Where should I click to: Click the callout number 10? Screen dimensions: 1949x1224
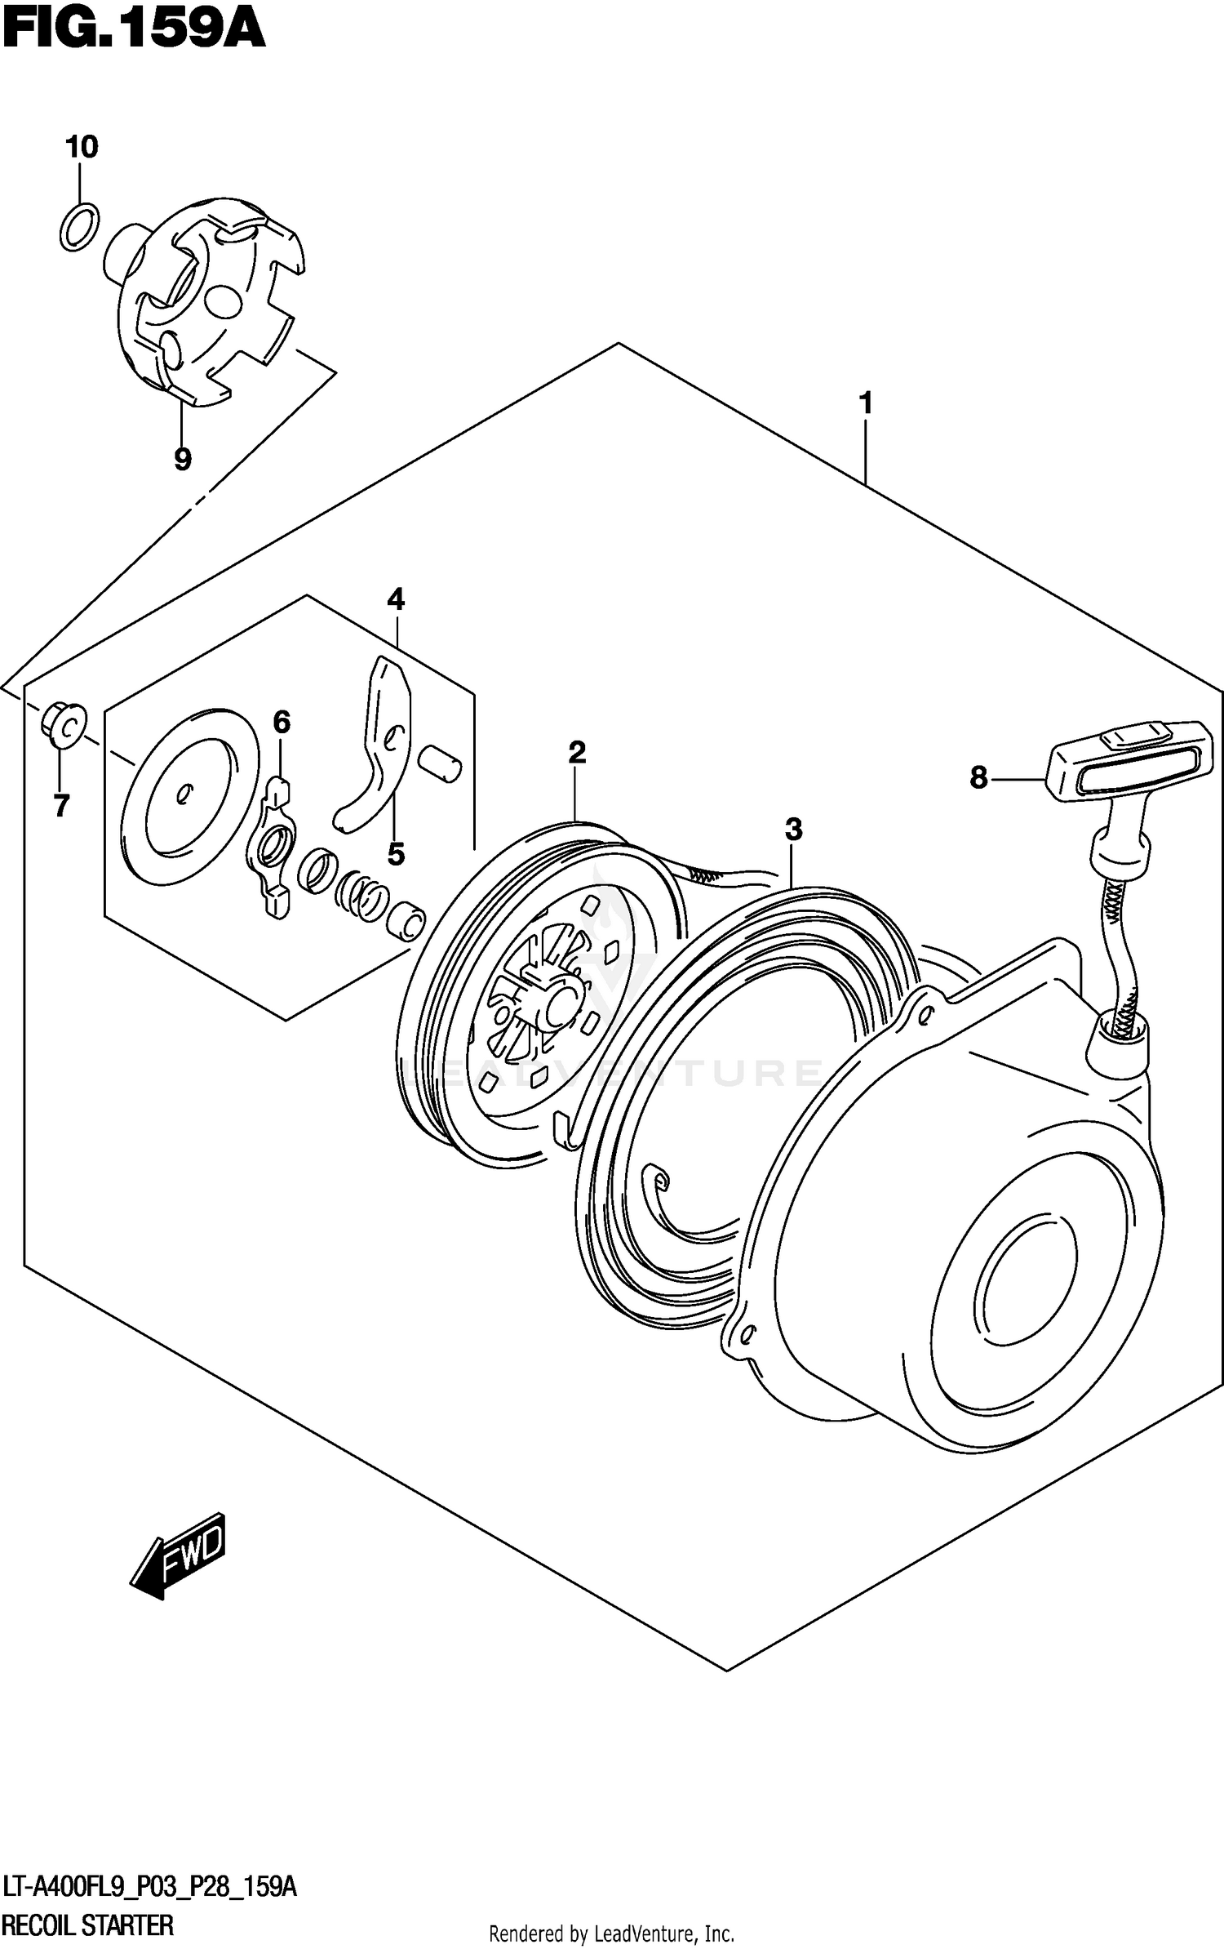(82, 148)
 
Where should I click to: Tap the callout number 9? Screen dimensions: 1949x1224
(183, 460)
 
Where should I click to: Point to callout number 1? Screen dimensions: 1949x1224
(866, 403)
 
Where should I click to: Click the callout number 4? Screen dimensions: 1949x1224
(396, 600)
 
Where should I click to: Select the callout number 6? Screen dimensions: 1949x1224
(281, 722)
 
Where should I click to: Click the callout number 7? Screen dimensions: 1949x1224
(61, 806)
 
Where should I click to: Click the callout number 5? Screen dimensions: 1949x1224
(396, 855)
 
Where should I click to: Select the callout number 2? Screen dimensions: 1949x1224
(577, 752)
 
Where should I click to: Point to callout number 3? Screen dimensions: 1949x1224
(793, 830)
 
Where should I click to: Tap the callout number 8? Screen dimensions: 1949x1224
(978, 778)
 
